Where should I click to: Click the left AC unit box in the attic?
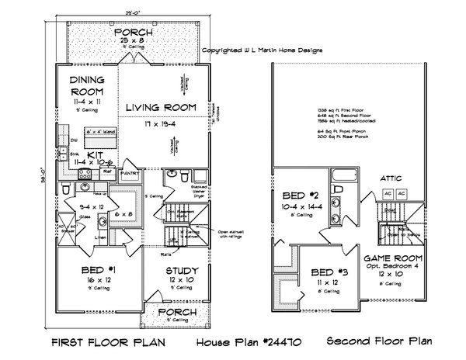coord(385,192)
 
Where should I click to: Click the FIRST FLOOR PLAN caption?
coord(108,341)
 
